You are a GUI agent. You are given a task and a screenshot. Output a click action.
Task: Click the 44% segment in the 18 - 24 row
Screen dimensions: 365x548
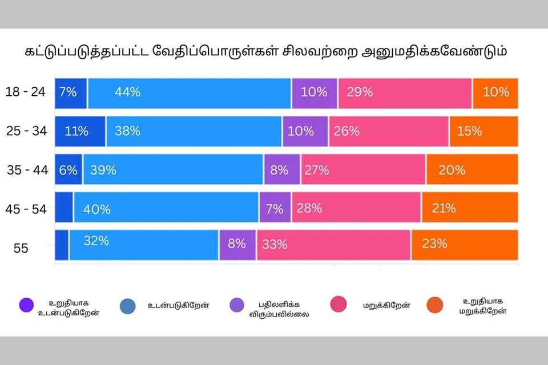[190, 92]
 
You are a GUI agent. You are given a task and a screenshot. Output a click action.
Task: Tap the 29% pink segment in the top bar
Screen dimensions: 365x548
[405, 92]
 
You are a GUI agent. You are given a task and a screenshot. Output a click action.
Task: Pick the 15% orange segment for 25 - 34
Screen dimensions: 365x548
[483, 131]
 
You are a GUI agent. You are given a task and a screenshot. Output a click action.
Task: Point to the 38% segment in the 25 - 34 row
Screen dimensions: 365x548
[194, 131]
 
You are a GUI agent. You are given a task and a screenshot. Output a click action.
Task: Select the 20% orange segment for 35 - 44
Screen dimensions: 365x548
[472, 169]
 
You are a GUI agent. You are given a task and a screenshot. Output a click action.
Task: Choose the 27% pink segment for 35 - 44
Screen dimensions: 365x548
[363, 169]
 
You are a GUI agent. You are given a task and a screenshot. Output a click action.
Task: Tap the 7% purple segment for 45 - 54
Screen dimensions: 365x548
[275, 208]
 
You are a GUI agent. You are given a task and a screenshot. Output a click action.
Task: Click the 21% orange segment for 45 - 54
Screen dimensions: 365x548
[470, 208]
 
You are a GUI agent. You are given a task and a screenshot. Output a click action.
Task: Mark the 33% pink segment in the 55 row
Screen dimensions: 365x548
[333, 245]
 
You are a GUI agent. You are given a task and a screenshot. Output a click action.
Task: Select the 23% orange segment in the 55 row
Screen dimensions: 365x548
[465, 245]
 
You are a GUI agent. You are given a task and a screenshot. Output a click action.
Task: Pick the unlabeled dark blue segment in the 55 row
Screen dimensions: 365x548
[62, 245]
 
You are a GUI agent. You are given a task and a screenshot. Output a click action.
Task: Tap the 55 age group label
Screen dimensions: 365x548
[21, 248]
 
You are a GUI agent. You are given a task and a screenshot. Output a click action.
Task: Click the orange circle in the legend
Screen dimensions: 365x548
[434, 306]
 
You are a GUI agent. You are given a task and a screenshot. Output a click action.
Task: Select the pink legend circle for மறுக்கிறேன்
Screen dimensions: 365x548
[339, 305]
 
